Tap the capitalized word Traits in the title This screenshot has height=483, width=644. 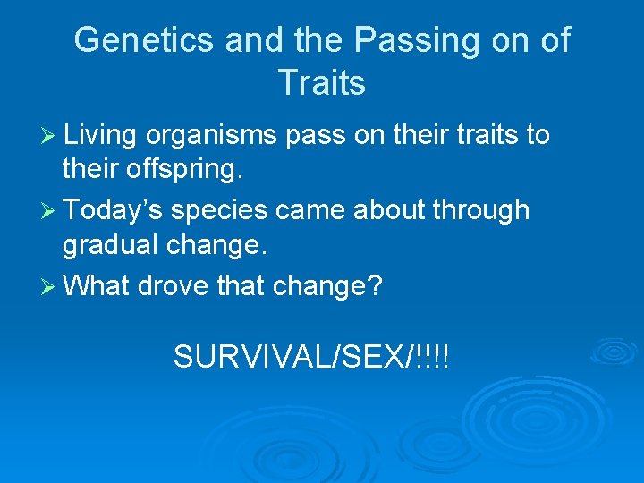tap(321, 83)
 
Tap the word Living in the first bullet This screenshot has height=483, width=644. tap(100, 135)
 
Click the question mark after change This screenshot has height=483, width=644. tap(376, 286)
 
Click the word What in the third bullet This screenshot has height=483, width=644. tap(97, 286)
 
